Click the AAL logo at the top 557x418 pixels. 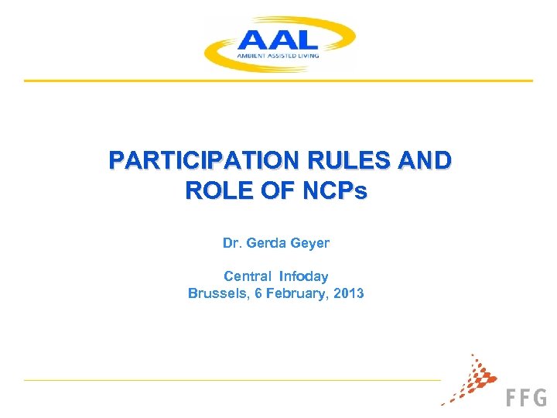[278, 43]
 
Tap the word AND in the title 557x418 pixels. [423, 161]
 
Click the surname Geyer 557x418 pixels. [311, 243]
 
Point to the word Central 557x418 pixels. [247, 276]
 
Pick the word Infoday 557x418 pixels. [304, 276]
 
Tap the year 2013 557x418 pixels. [349, 293]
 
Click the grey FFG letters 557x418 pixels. [526, 397]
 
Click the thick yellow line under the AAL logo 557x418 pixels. [278, 81]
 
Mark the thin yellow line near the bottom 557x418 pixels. [232, 380]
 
